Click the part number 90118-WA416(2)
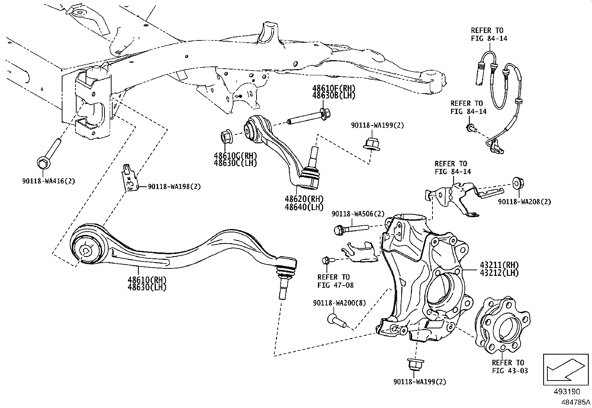pyautogui.click(x=48, y=181)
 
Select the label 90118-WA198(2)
pyautogui.click(x=174, y=187)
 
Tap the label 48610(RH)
pyautogui.click(x=147, y=280)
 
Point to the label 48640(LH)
pyautogui.click(x=304, y=207)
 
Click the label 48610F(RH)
pyautogui.click(x=334, y=88)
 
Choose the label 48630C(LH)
pyautogui.click(x=235, y=163)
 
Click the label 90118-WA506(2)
pyautogui.click(x=358, y=214)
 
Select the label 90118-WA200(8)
pyautogui.click(x=339, y=303)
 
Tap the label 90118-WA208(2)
pyautogui.click(x=524, y=202)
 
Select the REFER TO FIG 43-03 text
pyautogui.click(x=508, y=366)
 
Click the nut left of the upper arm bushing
pyautogui.click(x=226, y=137)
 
